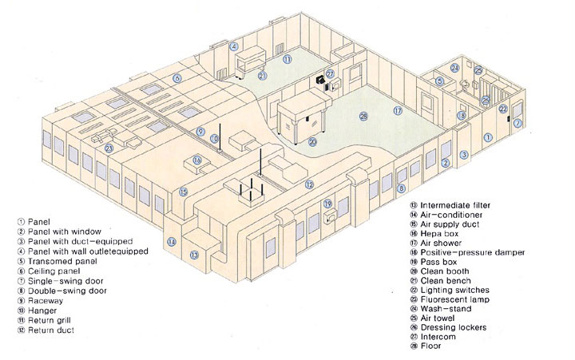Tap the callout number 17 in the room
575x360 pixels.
[x=397, y=111]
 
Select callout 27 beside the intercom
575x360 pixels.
[x=330, y=74]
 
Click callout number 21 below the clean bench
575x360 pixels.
[x=263, y=76]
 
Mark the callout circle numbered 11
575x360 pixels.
[x=287, y=59]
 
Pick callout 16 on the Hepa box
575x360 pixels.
[x=196, y=160]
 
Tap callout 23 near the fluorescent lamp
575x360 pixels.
[x=109, y=148]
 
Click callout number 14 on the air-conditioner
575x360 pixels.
[x=171, y=241]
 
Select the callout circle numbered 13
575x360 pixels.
[x=194, y=255]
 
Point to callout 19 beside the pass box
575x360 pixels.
[x=327, y=204]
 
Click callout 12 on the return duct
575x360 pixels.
[x=309, y=184]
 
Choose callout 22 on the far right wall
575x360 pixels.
[x=503, y=109]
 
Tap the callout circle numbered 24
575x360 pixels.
[x=454, y=69]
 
